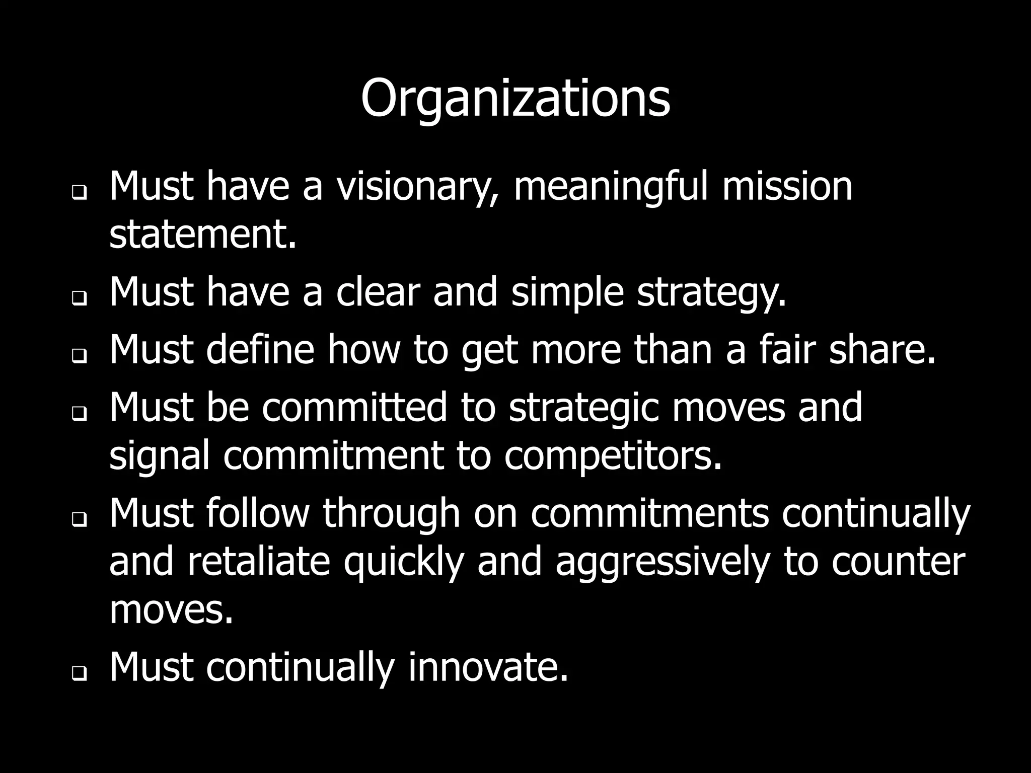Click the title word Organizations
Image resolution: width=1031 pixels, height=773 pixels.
click(x=515, y=99)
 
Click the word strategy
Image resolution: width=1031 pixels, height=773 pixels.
click(x=711, y=292)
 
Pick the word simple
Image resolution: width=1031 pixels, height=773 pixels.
click(x=568, y=292)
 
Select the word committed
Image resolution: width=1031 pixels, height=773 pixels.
click(x=354, y=407)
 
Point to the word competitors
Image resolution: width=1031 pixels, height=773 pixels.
click(x=613, y=456)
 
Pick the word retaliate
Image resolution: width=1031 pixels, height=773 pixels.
click(x=258, y=562)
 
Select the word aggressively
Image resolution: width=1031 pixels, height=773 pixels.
click(x=662, y=562)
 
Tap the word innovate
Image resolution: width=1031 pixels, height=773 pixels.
click(x=488, y=668)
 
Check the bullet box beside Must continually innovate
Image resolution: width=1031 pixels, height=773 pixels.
click(x=79, y=673)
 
